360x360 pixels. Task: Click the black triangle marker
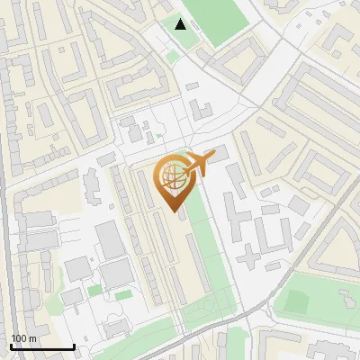tap(181, 24)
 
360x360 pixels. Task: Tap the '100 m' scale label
tap(23, 338)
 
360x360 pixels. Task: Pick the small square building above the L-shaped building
tap(193, 86)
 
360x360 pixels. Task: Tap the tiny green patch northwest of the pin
tap(159, 136)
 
